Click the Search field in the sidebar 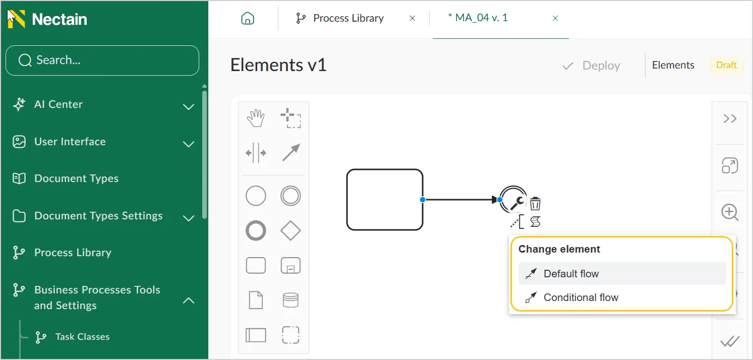102,61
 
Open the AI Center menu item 58,104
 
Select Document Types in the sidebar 76,178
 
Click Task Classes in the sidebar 82,336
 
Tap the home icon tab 248,18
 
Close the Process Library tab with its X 412,18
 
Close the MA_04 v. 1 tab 555,18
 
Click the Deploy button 591,66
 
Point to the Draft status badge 726,65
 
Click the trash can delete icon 535,203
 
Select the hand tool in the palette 256,118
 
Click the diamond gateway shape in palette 291,230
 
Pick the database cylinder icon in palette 291,300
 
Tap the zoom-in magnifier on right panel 730,212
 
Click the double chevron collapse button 730,118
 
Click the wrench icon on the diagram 517,203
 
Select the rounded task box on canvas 385,200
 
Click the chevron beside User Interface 189,144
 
